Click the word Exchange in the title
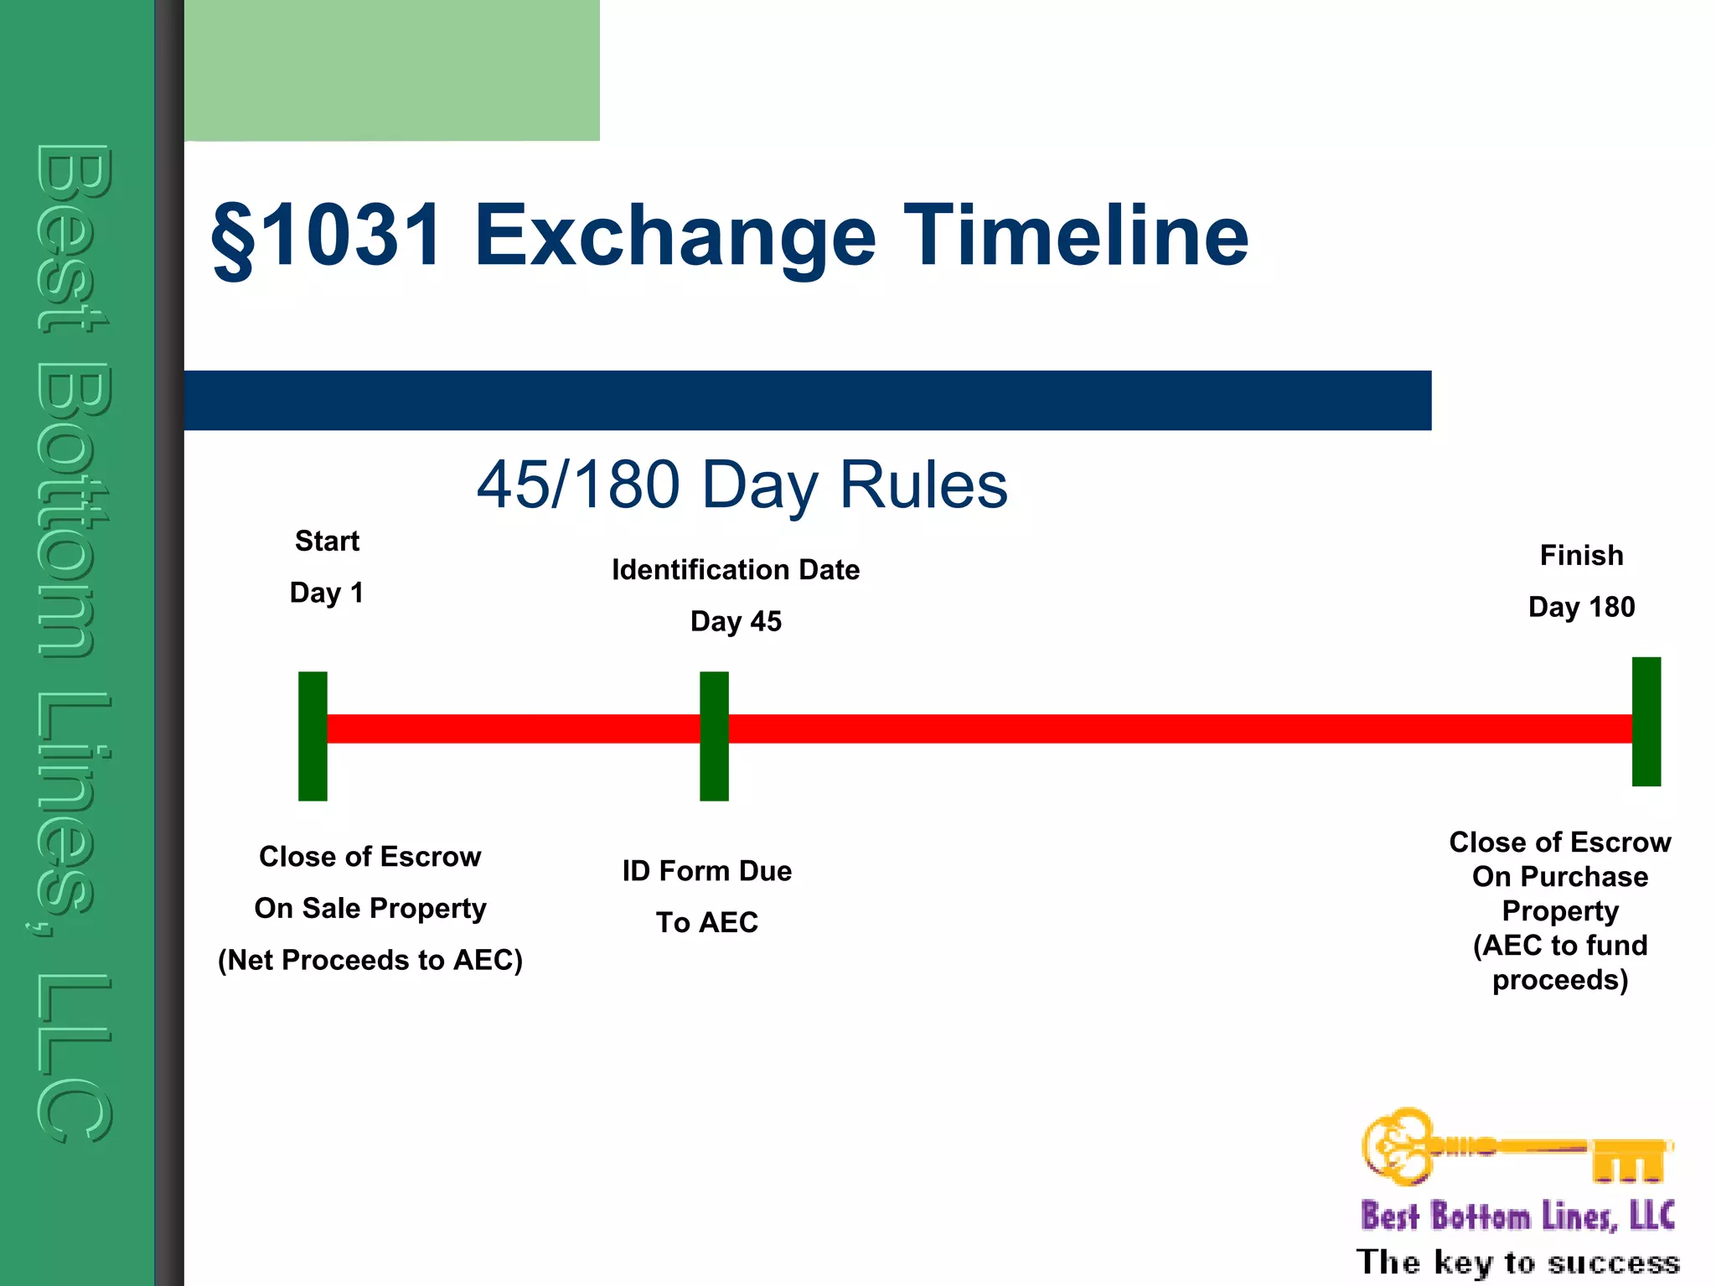click(675, 237)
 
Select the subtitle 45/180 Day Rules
click(742, 485)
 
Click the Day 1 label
click(327, 593)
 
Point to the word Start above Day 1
click(327, 541)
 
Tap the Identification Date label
click(736, 570)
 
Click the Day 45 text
click(736, 621)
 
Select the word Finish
click(1581, 555)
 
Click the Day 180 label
click(1581, 607)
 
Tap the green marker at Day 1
click(313, 736)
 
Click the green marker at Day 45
click(714, 736)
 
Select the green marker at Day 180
click(1646, 722)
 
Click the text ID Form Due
click(706, 871)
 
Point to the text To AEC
click(706, 922)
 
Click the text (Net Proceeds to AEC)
click(370, 960)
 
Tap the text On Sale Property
click(370, 908)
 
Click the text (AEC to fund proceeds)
click(1560, 962)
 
